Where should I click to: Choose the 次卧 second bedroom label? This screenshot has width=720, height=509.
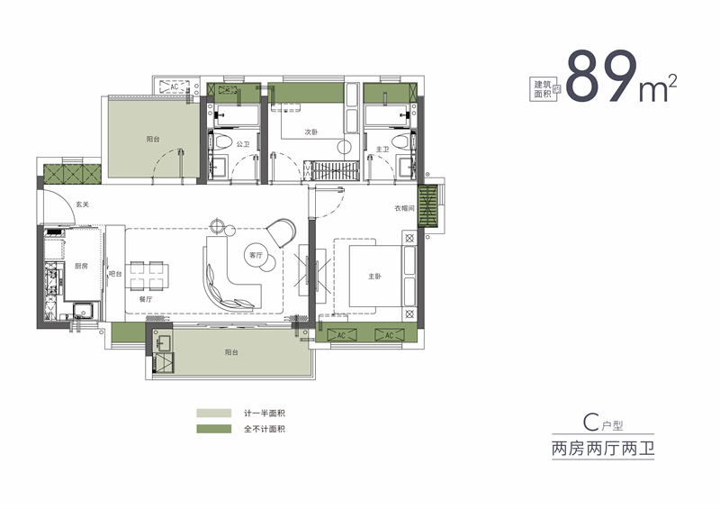311,132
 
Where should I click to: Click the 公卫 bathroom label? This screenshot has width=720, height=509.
242,144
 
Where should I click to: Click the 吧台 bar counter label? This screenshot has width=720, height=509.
115,274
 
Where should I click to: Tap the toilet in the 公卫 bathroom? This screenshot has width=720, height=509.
219,142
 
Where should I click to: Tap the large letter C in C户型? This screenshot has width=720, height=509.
590,421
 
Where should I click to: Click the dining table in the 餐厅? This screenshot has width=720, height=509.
148,270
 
